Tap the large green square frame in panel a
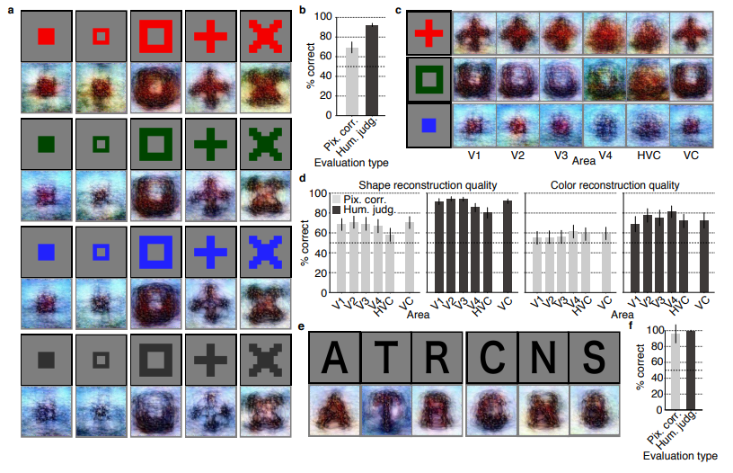click(x=157, y=142)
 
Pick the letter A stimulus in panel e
click(x=333, y=357)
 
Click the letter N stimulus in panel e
click(x=543, y=357)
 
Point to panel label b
click(x=303, y=11)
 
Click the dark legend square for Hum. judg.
click(x=339, y=209)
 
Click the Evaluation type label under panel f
click(x=680, y=456)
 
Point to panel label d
click(x=303, y=180)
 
